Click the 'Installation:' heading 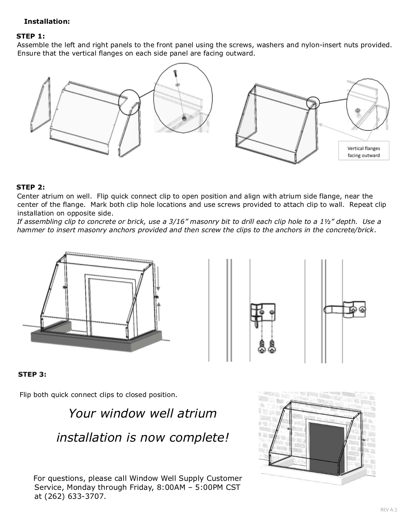coord(47,22)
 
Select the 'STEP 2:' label coord(30,187)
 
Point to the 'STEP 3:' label coord(32,374)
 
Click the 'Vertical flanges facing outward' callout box coord(363,152)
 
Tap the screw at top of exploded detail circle coord(175,73)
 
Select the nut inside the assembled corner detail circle coord(358,111)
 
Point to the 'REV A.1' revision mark coord(388,510)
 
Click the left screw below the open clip coord(263,346)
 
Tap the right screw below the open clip coord(272,346)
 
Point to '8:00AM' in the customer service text coord(171,487)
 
